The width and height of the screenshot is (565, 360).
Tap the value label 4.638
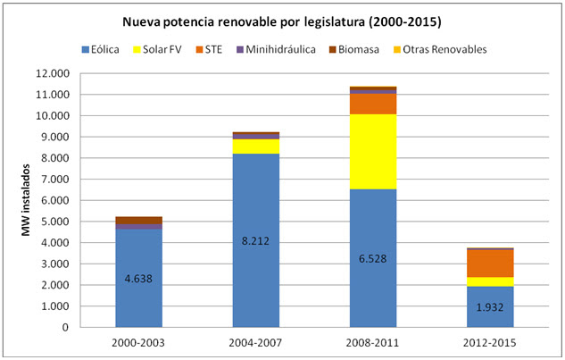coord(138,278)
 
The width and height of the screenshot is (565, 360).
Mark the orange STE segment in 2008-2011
coord(373,104)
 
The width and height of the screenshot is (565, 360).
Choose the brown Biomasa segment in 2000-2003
coord(138,220)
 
